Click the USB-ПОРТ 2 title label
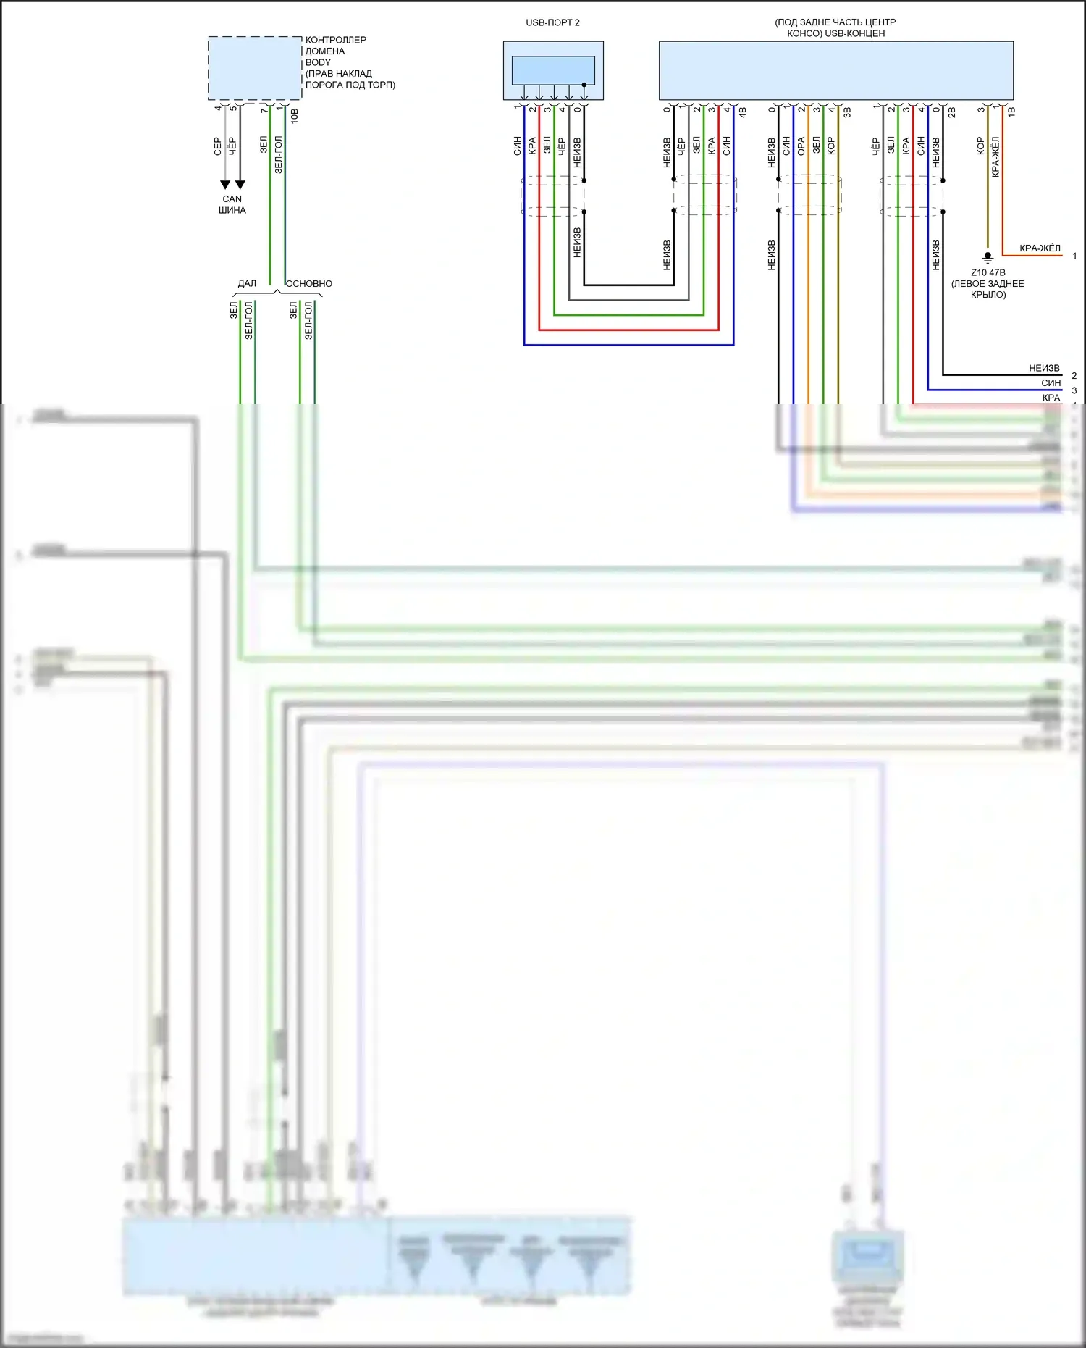coord(552,22)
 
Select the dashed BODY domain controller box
coord(255,68)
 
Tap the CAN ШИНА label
coord(232,204)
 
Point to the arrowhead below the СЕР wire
coord(225,185)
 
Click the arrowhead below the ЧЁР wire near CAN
coord(240,185)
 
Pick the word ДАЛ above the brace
coord(247,283)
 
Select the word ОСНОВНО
coord(309,283)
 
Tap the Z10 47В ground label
coord(988,272)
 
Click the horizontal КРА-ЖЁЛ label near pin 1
coord(1040,248)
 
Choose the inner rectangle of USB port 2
coord(553,70)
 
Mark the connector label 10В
coord(295,116)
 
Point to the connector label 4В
coord(742,112)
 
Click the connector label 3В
coord(846,112)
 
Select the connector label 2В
coord(951,112)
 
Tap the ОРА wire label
coord(801,146)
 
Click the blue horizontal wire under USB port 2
coord(628,345)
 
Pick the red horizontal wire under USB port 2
coord(628,330)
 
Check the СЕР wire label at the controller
coord(217,146)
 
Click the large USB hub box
coord(835,70)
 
